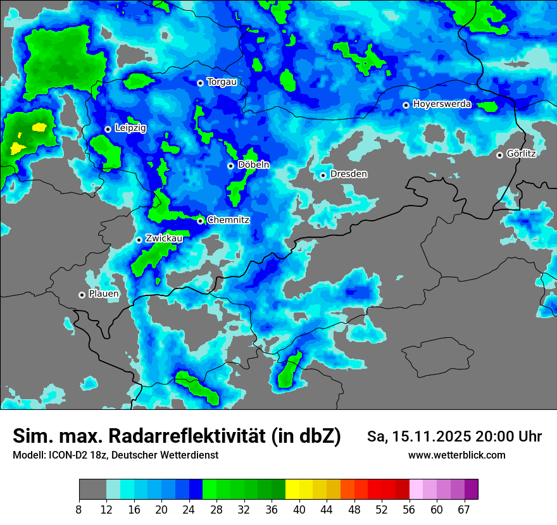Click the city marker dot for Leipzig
tap(108, 129)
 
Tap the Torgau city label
tap(222, 82)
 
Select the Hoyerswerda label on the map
tap(442, 104)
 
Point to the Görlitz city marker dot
tap(499, 155)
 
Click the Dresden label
tap(348, 174)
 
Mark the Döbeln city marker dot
tap(230, 166)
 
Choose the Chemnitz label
tap(228, 220)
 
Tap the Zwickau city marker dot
tap(139, 240)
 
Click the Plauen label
tap(103, 294)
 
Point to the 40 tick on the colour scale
tap(299, 509)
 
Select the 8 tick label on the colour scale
tap(79, 509)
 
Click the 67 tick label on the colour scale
tap(464, 509)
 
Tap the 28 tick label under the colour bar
tap(216, 509)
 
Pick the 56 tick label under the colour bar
tap(410, 509)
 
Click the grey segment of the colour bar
tap(92, 490)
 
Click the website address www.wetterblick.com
tap(457, 455)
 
